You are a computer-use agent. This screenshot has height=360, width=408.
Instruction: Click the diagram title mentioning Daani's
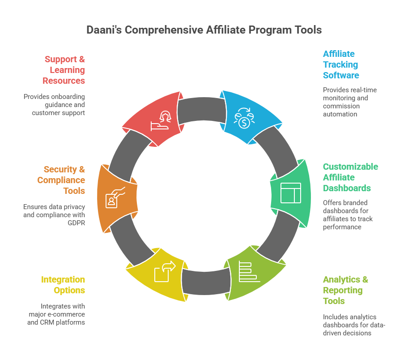tap(204, 30)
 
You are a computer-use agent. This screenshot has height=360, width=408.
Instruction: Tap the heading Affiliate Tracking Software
tap(341, 64)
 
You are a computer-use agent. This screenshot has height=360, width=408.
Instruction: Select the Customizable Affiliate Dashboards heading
tap(350, 177)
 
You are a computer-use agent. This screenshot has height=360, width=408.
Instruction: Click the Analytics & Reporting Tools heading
tap(345, 290)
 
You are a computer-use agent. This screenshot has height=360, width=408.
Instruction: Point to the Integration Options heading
tap(63, 285)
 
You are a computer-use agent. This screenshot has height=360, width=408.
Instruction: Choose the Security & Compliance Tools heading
tap(61, 180)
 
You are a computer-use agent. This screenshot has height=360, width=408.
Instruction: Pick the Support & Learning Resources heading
tap(64, 70)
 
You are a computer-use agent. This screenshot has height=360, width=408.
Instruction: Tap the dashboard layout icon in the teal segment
tap(291, 193)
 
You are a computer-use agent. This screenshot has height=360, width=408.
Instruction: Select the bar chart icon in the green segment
tap(247, 270)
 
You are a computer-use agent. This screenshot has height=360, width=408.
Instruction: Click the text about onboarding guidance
tap(54, 105)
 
